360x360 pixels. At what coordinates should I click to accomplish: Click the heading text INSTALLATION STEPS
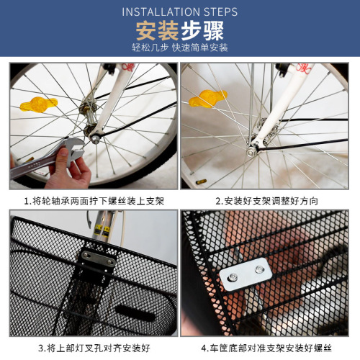pyautogui.click(x=179, y=12)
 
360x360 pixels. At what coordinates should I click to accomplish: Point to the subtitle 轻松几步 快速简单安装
pyautogui.click(x=179, y=48)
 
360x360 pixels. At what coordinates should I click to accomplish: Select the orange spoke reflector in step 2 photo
pyautogui.click(x=204, y=98)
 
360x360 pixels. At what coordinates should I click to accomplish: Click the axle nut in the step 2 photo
pyautogui.click(x=253, y=150)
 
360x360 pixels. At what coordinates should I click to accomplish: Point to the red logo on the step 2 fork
pyautogui.click(x=302, y=68)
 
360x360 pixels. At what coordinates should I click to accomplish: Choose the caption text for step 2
pyautogui.click(x=266, y=200)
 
